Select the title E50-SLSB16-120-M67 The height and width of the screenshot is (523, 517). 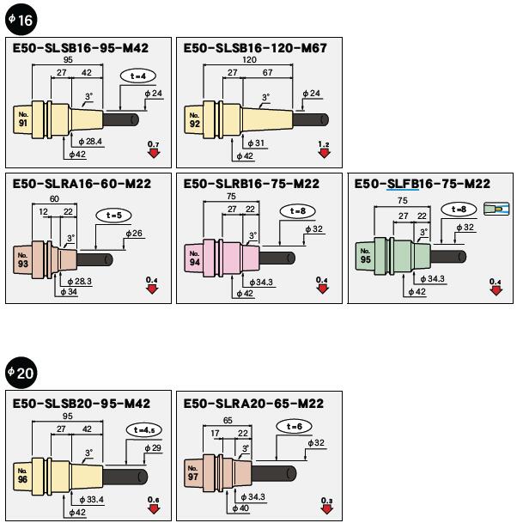[256, 48]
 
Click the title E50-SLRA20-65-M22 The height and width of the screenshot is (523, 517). [252, 403]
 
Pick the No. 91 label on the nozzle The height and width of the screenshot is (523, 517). [22, 119]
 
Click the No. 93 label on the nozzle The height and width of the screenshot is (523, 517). [23, 259]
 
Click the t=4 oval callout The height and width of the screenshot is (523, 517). [137, 76]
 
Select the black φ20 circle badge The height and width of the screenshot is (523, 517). [21, 372]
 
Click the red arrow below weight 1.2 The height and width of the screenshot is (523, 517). [324, 154]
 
